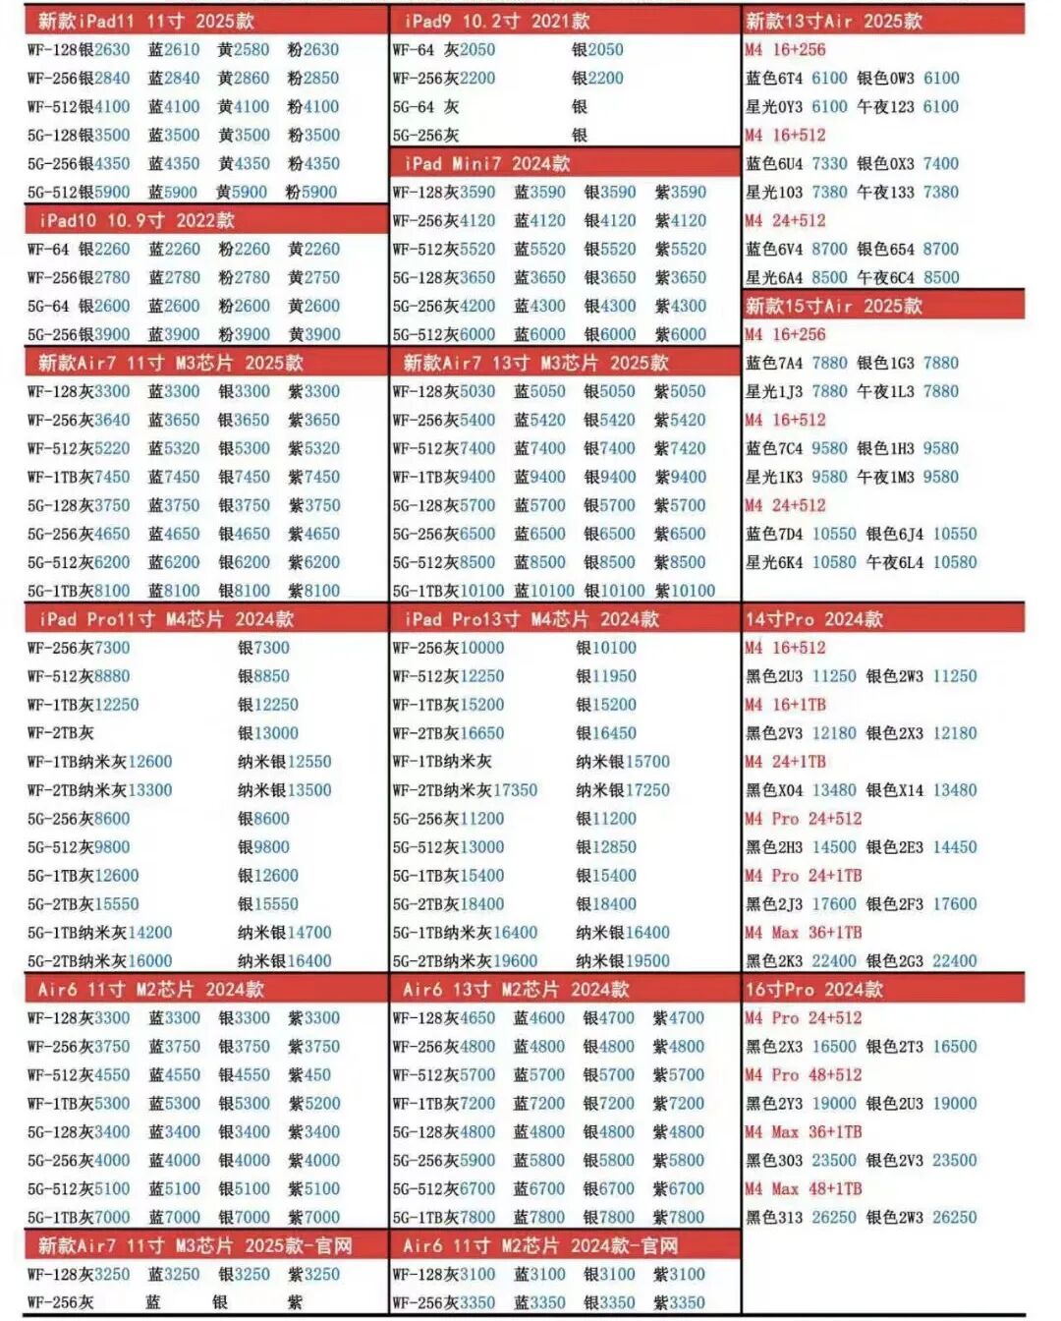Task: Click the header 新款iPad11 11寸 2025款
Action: point(145,21)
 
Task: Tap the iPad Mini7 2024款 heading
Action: point(486,163)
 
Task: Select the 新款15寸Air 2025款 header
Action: point(833,306)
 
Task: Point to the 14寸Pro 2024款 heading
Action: point(813,619)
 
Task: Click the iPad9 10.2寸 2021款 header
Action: point(496,21)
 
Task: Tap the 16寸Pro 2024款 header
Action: point(813,990)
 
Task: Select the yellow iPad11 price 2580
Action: point(251,49)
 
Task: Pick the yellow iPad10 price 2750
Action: point(321,277)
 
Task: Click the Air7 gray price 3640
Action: point(112,420)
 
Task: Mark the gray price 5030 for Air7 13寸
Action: point(477,391)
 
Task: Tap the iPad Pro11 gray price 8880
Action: point(112,676)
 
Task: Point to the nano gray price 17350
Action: point(516,790)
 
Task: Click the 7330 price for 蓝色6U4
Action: point(829,163)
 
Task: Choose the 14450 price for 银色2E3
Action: point(955,847)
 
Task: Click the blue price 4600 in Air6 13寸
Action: point(547,1018)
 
